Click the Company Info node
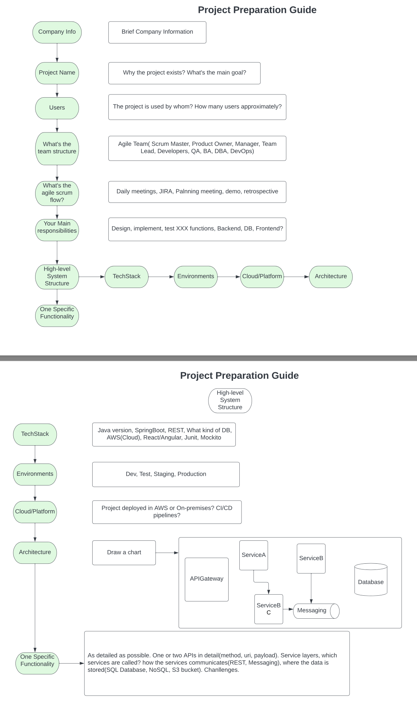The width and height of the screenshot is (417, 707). (x=57, y=32)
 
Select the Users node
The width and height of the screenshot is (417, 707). (x=57, y=108)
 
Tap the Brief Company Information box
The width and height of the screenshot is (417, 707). (x=157, y=32)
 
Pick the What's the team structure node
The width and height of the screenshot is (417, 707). (x=57, y=148)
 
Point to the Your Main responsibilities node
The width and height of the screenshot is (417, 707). (x=57, y=230)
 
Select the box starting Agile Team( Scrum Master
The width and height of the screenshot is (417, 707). (x=197, y=148)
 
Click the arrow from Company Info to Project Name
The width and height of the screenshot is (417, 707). (x=57, y=52)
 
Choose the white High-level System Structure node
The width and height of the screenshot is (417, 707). (x=230, y=400)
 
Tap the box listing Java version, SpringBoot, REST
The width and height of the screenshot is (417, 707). (x=164, y=434)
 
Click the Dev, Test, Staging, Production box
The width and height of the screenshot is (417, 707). (x=166, y=474)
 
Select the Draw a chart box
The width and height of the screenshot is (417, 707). (x=124, y=553)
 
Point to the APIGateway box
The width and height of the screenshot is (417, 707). (x=206, y=579)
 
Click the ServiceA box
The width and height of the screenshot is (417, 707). (x=253, y=555)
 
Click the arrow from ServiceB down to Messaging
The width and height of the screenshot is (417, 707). (x=311, y=588)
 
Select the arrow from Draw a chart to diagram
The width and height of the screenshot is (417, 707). (x=167, y=553)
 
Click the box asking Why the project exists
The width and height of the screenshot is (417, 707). (x=184, y=73)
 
